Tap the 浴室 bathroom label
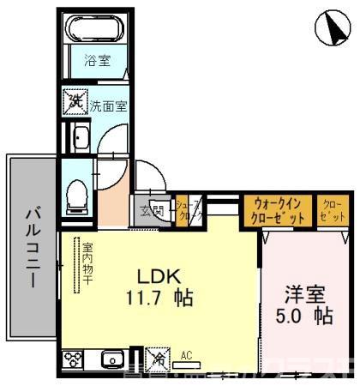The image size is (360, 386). tap(96, 61)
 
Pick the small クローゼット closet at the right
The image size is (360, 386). tap(331, 210)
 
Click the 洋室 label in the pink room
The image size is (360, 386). tap(305, 293)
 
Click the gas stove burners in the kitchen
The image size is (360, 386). tap(73, 359)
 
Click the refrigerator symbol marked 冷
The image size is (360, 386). tap(158, 356)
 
